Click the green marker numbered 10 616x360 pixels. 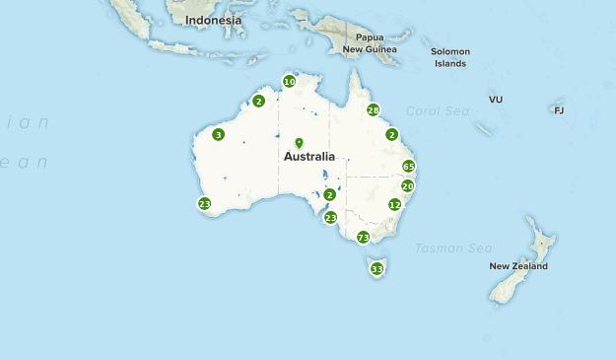[289, 82]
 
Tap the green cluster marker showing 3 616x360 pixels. [218, 135]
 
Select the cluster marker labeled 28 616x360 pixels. [374, 110]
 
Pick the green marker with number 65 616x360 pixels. [409, 167]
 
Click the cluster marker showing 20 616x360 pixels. [407, 186]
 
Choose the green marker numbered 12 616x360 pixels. [395, 205]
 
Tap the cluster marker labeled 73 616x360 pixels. [364, 238]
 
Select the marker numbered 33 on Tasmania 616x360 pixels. [376, 269]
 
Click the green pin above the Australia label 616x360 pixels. [299, 143]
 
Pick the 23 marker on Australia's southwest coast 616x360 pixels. [204, 204]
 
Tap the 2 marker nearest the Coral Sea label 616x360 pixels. [391, 135]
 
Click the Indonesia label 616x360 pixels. [213, 20]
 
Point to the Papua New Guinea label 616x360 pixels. [370, 42]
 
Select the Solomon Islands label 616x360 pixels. [451, 57]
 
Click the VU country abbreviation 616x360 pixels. [496, 100]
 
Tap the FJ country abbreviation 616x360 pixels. [559, 110]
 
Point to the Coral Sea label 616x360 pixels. [439, 111]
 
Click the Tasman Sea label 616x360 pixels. [453, 248]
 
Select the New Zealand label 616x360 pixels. [518, 266]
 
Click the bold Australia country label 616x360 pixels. [309, 157]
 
